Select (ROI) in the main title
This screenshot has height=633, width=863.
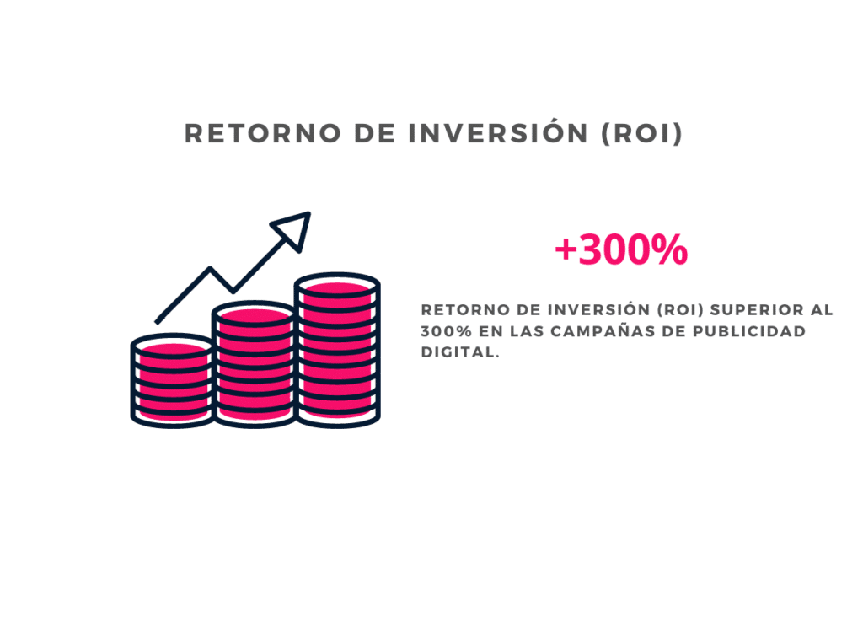[641, 134]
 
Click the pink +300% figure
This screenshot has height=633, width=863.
[621, 249]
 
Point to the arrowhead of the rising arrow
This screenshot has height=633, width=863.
[293, 229]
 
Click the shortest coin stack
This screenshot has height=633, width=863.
[172, 380]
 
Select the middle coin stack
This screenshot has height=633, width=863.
[255, 364]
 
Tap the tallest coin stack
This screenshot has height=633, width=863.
[337, 350]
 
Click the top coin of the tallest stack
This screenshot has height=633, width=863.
[337, 285]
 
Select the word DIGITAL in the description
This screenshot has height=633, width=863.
[460, 352]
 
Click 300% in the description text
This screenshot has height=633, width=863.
[447, 331]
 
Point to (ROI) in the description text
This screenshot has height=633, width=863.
[680, 310]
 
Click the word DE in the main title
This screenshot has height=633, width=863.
[374, 134]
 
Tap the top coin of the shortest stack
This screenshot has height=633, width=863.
[172, 346]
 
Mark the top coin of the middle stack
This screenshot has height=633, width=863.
[255, 314]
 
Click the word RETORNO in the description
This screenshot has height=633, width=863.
[465, 310]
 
